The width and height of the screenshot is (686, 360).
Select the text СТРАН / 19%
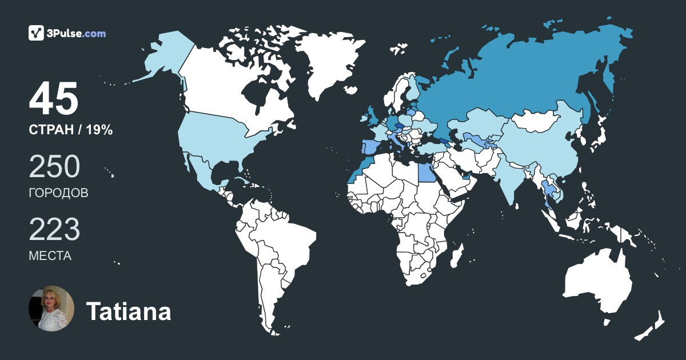click(70, 130)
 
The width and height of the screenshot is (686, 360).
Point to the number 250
click(54, 167)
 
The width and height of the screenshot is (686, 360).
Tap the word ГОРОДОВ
click(58, 193)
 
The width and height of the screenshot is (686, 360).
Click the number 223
click(54, 230)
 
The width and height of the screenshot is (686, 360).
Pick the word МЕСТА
click(50, 256)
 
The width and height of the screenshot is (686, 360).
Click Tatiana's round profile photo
click(51, 309)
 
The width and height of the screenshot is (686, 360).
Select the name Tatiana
click(128, 312)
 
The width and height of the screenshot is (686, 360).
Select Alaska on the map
click(166, 57)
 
